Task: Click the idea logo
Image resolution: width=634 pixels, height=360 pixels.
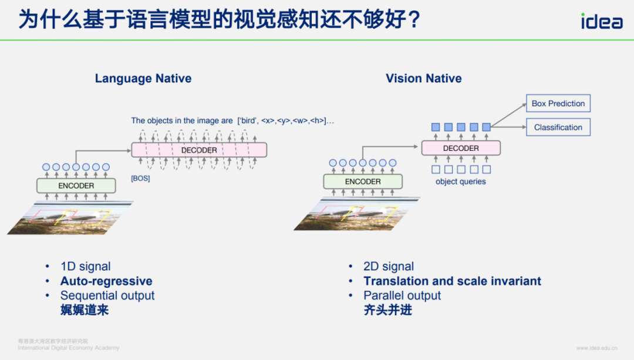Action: [602, 21]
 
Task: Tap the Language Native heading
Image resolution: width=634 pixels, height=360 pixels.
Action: [143, 78]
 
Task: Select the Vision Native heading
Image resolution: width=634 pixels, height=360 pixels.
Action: [423, 78]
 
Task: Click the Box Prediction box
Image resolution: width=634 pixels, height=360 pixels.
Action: [558, 103]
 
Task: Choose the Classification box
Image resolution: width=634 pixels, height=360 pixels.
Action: [558, 127]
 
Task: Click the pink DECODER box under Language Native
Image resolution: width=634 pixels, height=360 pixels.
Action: [199, 150]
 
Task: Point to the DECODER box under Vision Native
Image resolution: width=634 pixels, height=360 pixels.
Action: [461, 148]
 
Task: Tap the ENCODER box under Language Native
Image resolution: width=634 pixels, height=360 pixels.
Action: [76, 186]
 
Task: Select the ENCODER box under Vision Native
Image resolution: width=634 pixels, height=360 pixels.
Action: [363, 181]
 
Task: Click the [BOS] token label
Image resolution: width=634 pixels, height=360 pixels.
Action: [140, 178]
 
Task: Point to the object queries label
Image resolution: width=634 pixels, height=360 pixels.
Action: [461, 181]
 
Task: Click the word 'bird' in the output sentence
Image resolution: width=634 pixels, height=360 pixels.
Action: [248, 121]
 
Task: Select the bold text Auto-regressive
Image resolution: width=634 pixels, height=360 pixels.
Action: [106, 281]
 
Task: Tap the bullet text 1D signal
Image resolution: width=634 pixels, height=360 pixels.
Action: [85, 267]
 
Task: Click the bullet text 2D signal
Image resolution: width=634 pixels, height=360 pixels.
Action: [389, 267]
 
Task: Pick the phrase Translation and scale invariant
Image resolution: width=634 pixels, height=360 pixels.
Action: [452, 281]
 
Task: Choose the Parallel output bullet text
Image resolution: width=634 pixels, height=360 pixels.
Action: [402, 295]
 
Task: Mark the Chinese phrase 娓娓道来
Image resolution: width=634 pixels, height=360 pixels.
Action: [85, 310]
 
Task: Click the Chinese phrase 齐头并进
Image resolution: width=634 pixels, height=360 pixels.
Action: [387, 310]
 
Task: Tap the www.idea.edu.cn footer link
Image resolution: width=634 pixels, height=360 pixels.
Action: [596, 348]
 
